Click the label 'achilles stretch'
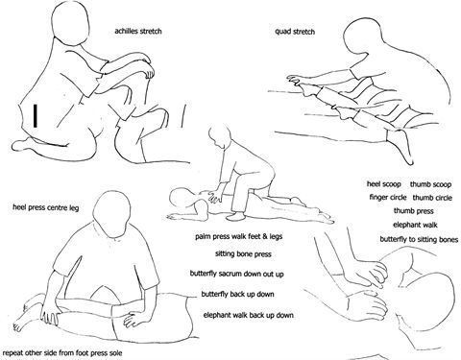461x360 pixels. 138,31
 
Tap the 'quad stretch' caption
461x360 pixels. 295,32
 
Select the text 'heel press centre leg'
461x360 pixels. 46,207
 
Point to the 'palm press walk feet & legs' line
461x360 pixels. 239,236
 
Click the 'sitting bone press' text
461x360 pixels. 243,254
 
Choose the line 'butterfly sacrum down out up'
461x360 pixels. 236,274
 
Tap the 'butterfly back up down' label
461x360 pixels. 237,294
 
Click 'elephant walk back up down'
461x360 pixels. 249,315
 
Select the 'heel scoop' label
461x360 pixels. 383,184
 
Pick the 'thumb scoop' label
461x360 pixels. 430,184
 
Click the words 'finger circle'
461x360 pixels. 388,197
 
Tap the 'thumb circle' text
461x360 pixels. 432,198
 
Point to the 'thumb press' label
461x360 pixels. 413,211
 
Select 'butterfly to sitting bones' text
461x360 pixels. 419,239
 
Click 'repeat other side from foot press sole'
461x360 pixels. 62,353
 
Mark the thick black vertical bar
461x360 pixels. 36,115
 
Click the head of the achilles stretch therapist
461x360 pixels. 70,23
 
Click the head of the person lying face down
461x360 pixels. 182,199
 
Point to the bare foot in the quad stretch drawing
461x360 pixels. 401,147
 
